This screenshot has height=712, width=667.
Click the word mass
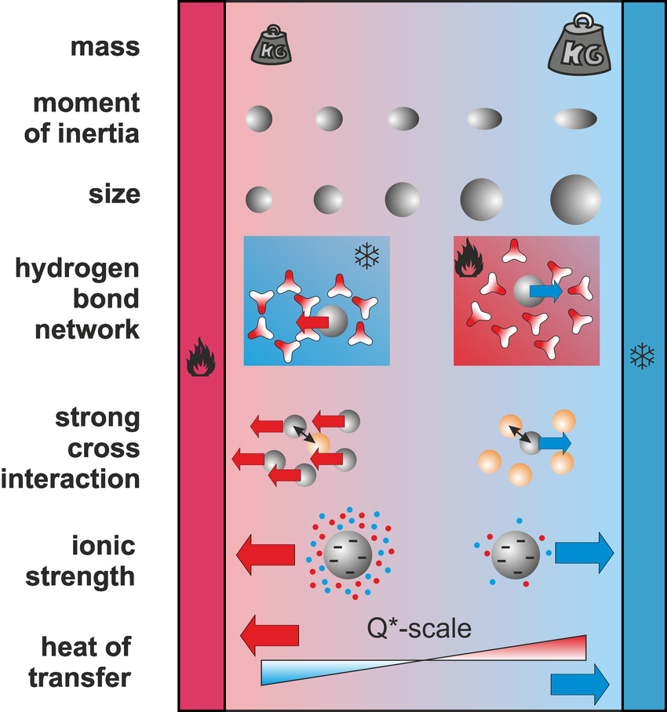tap(105, 47)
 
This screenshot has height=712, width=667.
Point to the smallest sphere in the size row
tap(260, 198)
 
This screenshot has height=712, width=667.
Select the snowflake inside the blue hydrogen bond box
tap(366, 255)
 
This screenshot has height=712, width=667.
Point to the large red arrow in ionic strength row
tap(266, 554)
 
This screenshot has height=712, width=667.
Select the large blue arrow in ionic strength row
tap(585, 554)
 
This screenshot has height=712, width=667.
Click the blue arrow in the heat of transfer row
tap(580, 683)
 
